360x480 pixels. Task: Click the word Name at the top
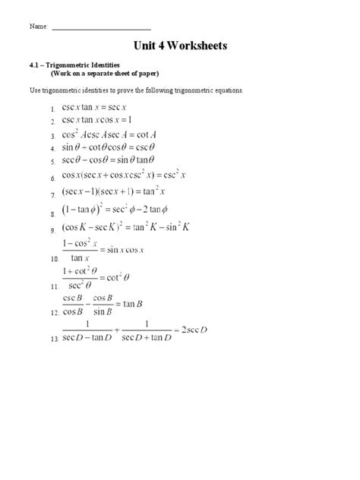[x=39, y=26]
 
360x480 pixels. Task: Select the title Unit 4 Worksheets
[x=179, y=46]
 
